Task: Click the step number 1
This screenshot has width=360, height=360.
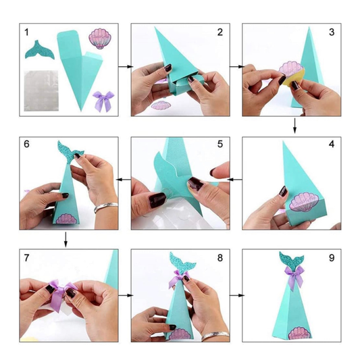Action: [x=26, y=32]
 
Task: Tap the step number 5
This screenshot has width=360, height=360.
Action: [x=220, y=144]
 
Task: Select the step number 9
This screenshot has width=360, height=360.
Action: [x=332, y=258]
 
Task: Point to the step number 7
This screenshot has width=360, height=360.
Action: [x=26, y=258]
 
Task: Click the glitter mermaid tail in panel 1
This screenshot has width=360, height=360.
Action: [x=39, y=49]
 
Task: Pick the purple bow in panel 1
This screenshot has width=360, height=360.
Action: [x=103, y=101]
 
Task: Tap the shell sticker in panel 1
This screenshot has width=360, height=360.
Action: [x=100, y=38]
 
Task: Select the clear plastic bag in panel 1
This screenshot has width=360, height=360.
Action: [x=41, y=91]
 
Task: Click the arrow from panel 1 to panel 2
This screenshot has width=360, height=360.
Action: [x=126, y=67]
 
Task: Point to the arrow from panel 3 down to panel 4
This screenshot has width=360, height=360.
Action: [x=294, y=126]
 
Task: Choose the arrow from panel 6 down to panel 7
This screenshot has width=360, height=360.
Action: [x=66, y=240]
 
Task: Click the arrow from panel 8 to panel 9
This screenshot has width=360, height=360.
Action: [x=237, y=295]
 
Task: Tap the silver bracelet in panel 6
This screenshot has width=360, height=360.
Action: [x=106, y=207]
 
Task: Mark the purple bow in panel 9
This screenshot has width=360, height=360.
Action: [x=294, y=278]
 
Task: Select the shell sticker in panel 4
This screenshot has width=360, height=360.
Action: [x=303, y=202]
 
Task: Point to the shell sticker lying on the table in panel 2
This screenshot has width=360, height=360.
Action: [x=161, y=105]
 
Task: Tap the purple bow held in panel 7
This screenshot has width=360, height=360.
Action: [x=61, y=293]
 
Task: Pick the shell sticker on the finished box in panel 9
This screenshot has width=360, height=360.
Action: [x=299, y=334]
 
